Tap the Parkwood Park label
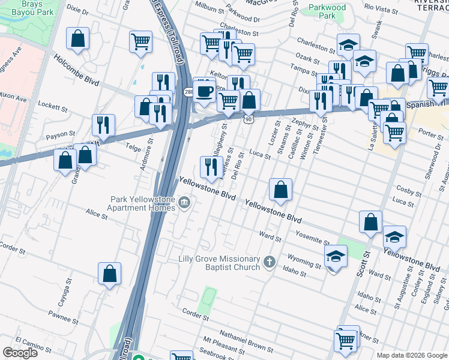pyautogui.click(x=327, y=11)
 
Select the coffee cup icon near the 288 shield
pyautogui.click(x=205, y=90)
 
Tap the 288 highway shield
pyautogui.click(x=188, y=92)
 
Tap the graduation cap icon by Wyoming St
pyautogui.click(x=336, y=257)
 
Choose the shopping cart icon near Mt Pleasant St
pyautogui.click(x=346, y=340)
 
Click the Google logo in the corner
pyautogui.click(x=20, y=353)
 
